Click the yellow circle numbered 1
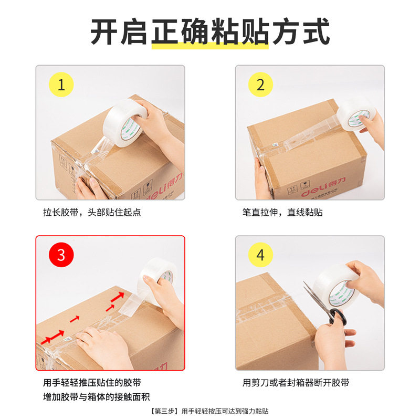tap(61, 85)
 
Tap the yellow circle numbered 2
tap(261, 85)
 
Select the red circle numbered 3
tap(61, 255)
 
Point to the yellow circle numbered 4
tap(261, 255)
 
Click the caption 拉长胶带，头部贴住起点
tap(92, 213)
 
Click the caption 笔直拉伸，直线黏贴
tap(282, 213)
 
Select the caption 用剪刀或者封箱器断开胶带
tap(296, 383)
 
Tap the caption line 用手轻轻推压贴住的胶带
tap(92, 383)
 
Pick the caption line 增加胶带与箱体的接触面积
tap(92, 397)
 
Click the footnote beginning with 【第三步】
tap(210, 412)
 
